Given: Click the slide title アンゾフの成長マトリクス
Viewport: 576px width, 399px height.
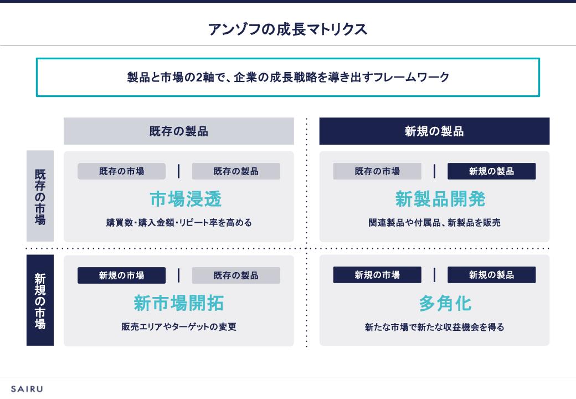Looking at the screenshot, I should point(287,29).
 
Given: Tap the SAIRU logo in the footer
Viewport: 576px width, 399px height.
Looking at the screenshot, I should point(27,389).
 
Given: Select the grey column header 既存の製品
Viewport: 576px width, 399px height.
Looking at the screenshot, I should point(178,131).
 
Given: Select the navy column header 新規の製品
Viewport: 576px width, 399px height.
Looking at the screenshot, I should point(434,131).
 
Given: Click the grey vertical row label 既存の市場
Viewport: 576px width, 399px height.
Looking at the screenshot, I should point(40,196).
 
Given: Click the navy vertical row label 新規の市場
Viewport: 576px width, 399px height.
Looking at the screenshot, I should point(40,300).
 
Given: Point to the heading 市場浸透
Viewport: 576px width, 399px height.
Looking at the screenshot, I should point(178,199).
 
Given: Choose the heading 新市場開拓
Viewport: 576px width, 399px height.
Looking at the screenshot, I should point(178,303).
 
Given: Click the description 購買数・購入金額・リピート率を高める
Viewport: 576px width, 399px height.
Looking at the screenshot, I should point(179,223).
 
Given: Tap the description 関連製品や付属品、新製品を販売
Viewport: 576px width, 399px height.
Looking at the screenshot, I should point(434,223).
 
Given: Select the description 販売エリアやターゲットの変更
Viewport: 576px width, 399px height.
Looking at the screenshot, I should point(179,327).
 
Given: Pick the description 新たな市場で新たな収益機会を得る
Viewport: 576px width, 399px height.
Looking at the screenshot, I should point(434,327).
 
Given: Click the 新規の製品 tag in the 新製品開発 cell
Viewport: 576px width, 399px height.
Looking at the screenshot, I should point(491,171).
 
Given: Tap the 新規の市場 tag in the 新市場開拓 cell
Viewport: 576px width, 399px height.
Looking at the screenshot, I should point(121,275).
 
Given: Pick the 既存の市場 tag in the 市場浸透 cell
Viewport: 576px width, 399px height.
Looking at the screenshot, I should point(121,171).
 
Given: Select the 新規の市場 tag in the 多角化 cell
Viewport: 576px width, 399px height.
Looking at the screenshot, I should point(377,275).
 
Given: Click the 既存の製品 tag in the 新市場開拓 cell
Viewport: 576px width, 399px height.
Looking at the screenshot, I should point(236,275).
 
